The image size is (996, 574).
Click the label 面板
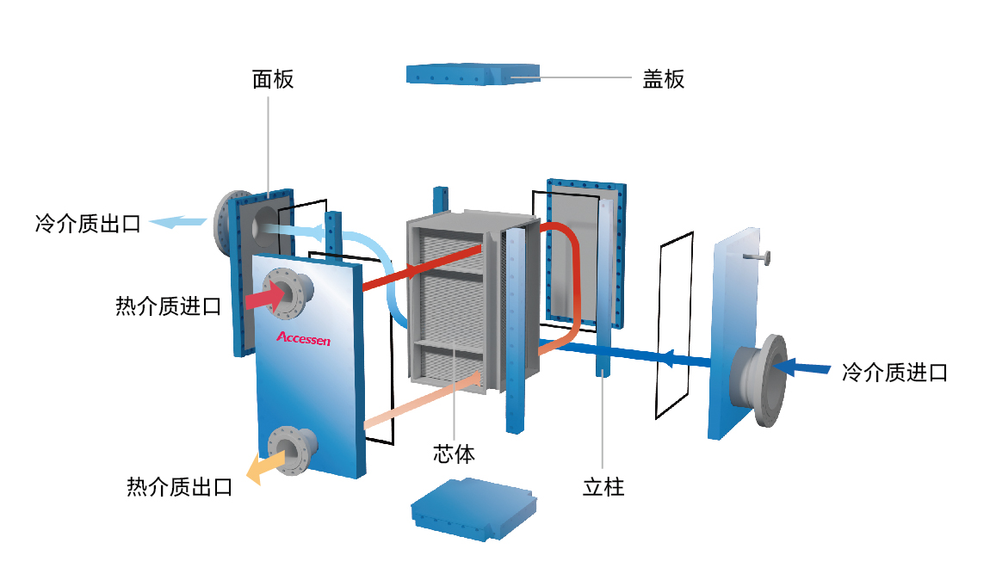click(x=273, y=80)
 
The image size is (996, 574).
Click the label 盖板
click(x=664, y=79)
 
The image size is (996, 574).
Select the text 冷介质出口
click(x=87, y=225)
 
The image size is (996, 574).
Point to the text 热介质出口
click(x=179, y=487)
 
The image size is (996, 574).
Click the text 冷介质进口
click(x=894, y=373)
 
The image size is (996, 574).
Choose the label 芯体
click(x=454, y=454)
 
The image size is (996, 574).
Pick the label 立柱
click(x=603, y=487)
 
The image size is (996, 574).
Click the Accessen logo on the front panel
click(x=303, y=338)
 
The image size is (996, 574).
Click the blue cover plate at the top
click(x=472, y=74)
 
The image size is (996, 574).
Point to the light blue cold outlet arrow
click(x=177, y=224)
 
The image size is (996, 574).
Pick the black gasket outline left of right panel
click(x=673, y=327)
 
